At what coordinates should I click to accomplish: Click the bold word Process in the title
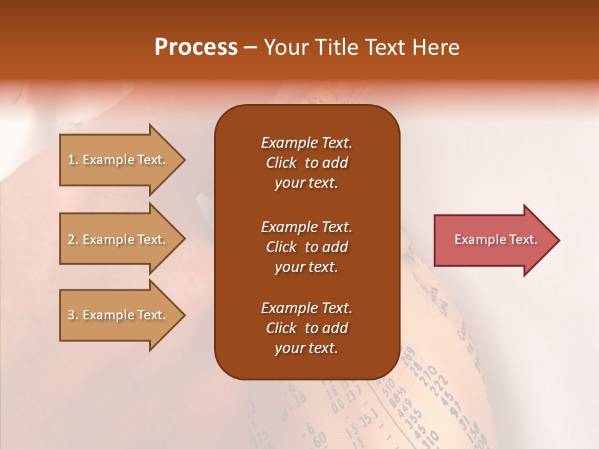196,47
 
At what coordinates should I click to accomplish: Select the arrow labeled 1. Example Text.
119,160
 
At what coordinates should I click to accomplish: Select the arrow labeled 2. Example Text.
119,239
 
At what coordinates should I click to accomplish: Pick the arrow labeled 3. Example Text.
119,315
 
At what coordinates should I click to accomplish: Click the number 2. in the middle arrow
73,239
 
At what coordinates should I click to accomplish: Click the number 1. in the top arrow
73,160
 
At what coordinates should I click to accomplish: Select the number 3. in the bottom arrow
73,315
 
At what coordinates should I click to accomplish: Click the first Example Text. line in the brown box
306,143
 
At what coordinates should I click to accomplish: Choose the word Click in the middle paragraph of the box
281,247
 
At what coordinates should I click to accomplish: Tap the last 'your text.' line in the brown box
306,349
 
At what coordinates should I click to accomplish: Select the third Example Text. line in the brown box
306,308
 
